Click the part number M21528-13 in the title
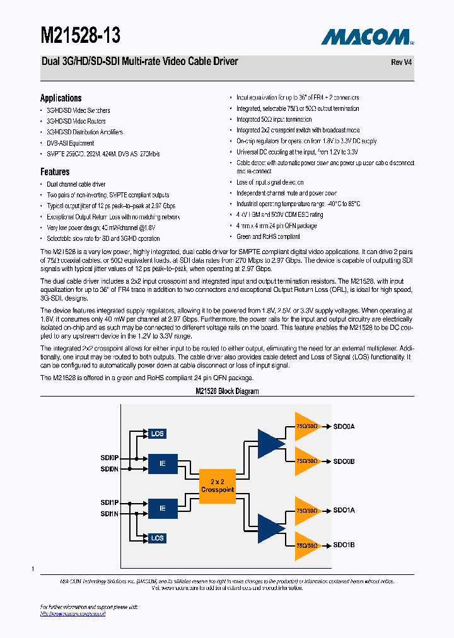tap(80, 35)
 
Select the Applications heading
tap(61, 98)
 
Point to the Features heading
tap(55, 171)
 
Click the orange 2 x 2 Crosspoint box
tap(218, 485)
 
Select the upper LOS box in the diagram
tap(157, 434)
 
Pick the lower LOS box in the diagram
tap(157, 538)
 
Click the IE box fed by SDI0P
tap(162, 463)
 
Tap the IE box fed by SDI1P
tap(162, 507)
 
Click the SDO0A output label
tap(344, 427)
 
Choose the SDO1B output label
tap(344, 545)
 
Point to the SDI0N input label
tap(109, 469)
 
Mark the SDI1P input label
tap(109, 502)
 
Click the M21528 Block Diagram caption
tap(227, 391)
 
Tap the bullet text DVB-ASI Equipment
tap(71, 143)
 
